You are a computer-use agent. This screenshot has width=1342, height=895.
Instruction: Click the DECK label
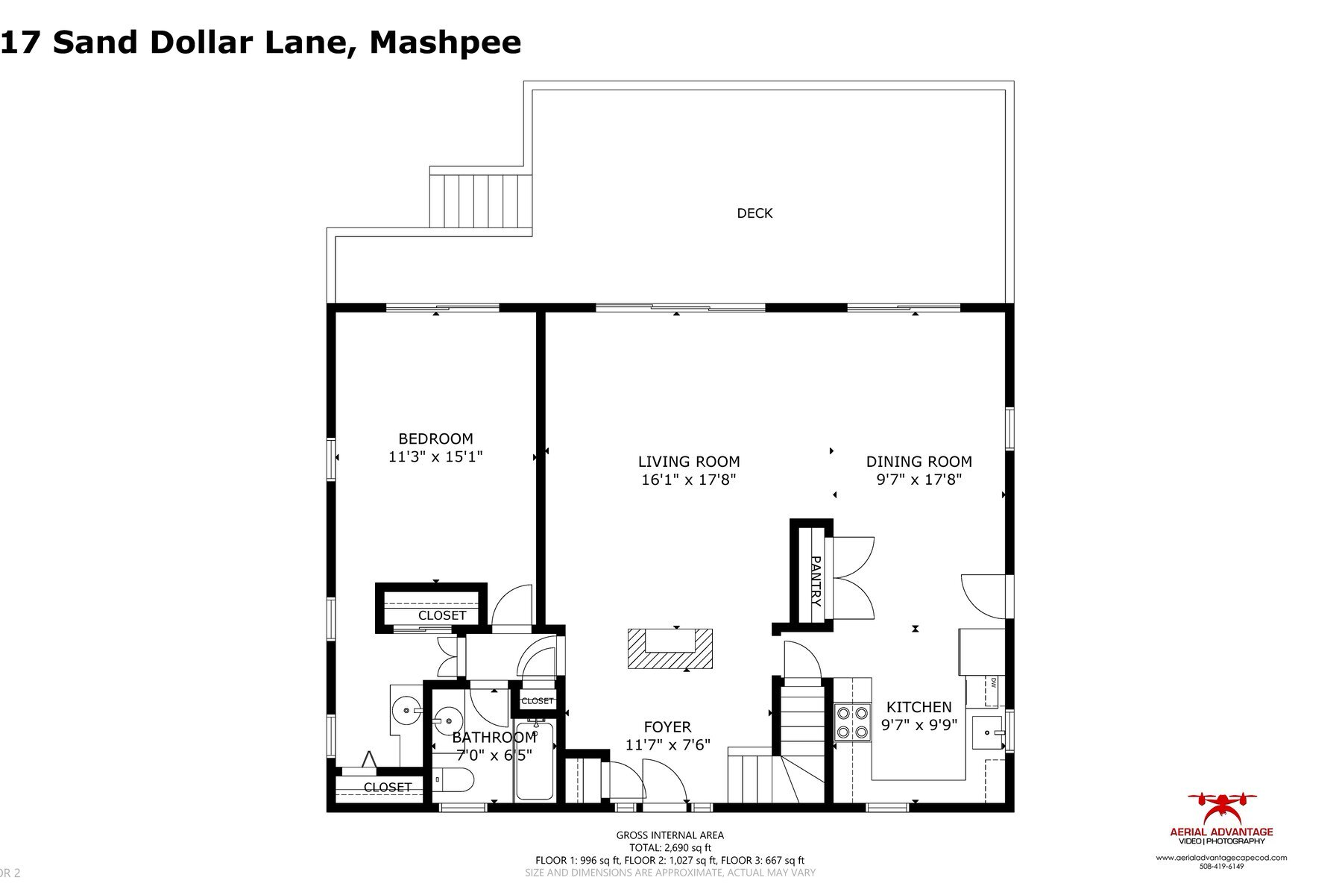[755, 213]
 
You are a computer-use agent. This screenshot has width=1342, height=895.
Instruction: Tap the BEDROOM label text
[435, 439]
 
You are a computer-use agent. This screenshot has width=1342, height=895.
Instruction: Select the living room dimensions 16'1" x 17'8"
[688, 480]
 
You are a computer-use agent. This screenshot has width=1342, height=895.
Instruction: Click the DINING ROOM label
[919, 462]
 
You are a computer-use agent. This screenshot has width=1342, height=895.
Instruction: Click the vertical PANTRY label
[815, 581]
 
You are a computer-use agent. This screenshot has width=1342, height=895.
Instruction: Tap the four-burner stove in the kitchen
[853, 722]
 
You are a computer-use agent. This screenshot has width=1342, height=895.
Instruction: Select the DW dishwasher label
[994, 682]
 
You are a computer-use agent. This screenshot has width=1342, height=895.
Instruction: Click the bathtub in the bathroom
[535, 761]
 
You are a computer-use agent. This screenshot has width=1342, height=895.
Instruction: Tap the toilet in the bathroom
[453, 780]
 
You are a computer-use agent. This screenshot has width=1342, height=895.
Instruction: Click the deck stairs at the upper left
[480, 201]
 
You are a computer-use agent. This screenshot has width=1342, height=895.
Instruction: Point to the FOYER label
[667, 726]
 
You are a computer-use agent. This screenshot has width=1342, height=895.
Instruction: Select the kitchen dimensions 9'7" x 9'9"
[919, 725]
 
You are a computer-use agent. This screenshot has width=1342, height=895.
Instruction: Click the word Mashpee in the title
[445, 42]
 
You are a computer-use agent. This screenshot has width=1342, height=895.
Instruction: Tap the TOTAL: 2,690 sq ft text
[670, 847]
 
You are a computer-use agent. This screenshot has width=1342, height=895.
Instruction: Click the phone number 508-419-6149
[1221, 867]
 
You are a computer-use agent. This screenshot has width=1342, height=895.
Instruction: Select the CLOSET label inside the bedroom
[441, 615]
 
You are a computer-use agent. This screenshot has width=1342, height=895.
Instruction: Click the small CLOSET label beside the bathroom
[537, 701]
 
